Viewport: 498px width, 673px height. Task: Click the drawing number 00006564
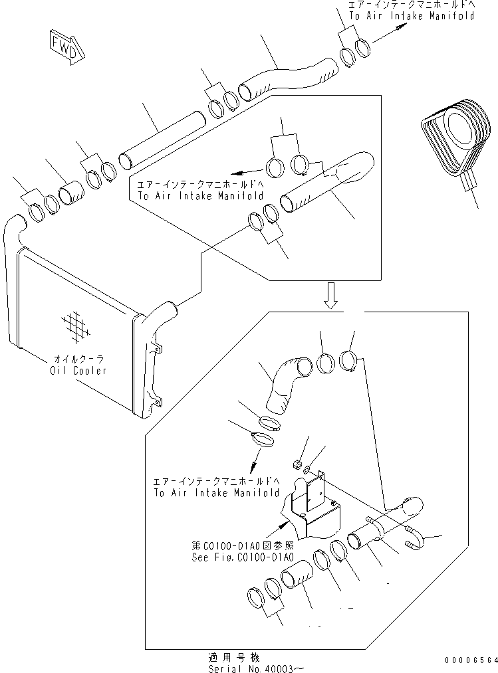click(471, 660)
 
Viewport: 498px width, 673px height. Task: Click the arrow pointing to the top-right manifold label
click(392, 33)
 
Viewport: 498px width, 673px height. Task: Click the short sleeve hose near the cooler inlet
click(70, 195)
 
